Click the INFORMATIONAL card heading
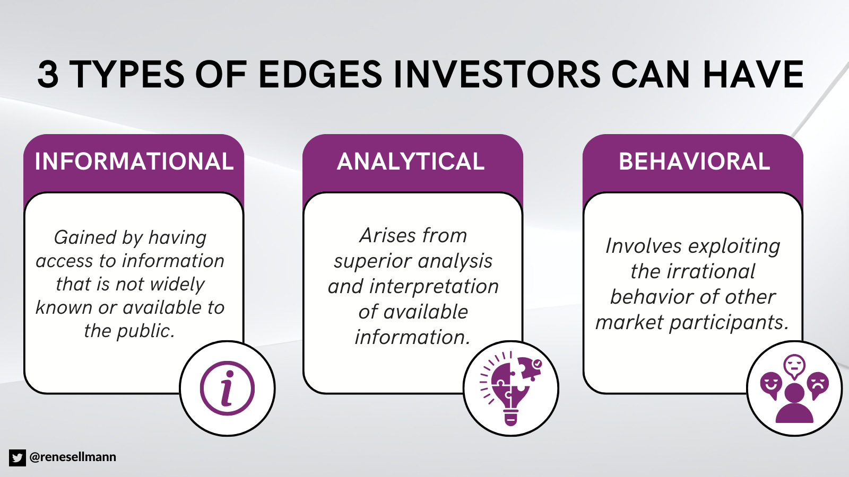pos(134,162)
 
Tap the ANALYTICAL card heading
pos(411,162)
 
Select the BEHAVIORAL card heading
pos(694,162)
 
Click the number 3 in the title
pos(48,74)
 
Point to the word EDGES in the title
pos(320,74)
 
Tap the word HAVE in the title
pos(753,74)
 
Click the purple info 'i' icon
pos(227,388)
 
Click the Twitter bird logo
pos(17,457)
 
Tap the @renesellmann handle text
pos(73,457)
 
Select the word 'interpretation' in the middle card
pos(434,286)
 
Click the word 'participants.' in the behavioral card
pos(729,322)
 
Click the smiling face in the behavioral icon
pos(771,384)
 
